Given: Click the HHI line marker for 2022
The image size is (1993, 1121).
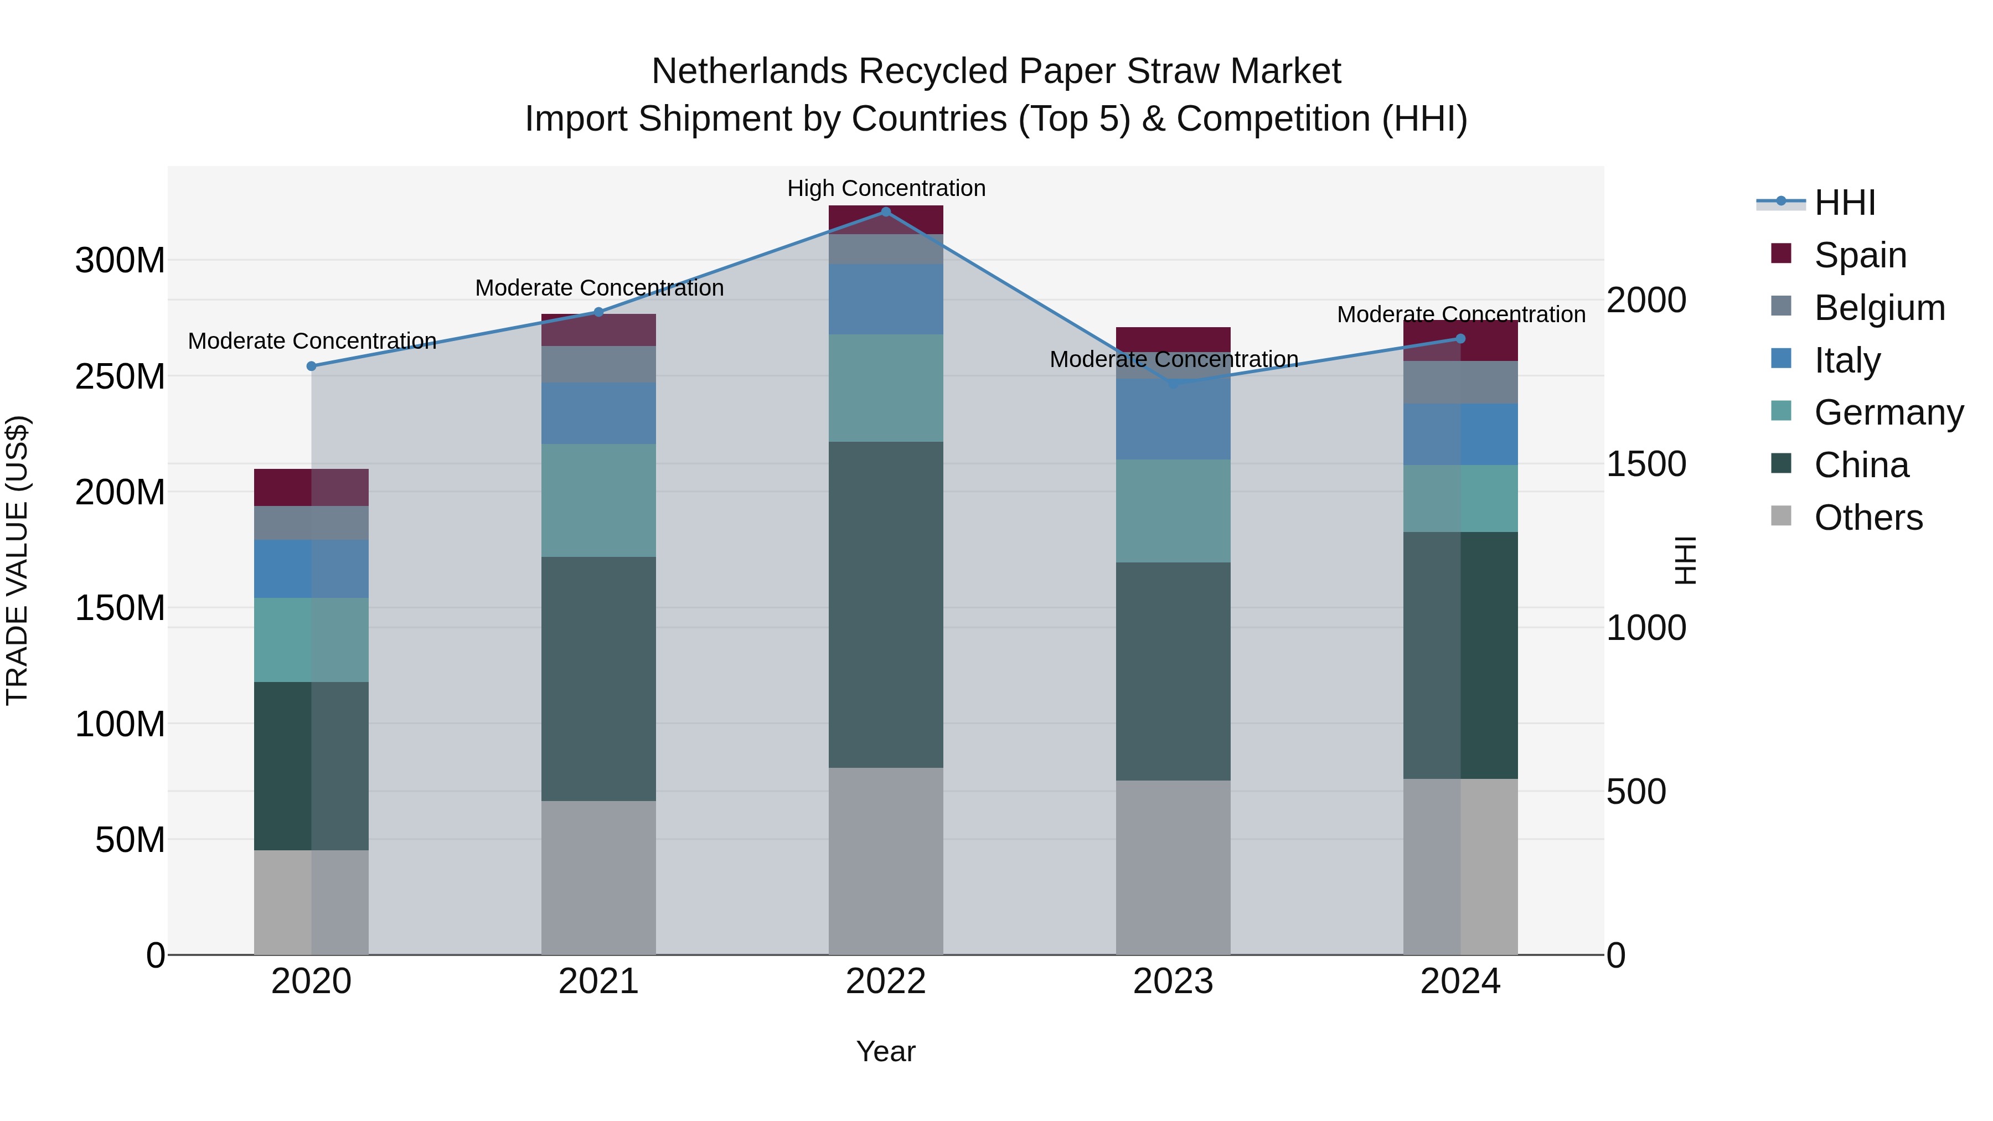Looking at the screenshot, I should pos(886,212).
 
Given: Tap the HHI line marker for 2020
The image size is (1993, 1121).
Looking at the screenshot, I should pos(312,366).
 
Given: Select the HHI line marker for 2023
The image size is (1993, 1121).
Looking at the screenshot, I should pos(1173,383).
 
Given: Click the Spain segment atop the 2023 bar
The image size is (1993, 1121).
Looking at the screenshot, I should pos(1173,339).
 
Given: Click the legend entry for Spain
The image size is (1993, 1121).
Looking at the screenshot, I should pos(1860,255).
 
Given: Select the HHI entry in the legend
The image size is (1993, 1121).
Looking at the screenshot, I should pos(1845,203).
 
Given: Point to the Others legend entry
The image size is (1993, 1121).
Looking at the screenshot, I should pos(1868,518).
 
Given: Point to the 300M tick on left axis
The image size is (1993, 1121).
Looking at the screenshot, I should pos(120,261).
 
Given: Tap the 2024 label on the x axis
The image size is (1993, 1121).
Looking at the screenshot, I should pos(1460,981).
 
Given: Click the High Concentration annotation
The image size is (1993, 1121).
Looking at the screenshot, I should pos(886,188).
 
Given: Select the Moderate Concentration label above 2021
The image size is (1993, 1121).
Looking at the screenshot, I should pos(599,288).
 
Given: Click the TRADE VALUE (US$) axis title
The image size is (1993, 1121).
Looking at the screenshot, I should pos(17,560).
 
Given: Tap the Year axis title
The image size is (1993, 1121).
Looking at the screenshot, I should pos(885,1051).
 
